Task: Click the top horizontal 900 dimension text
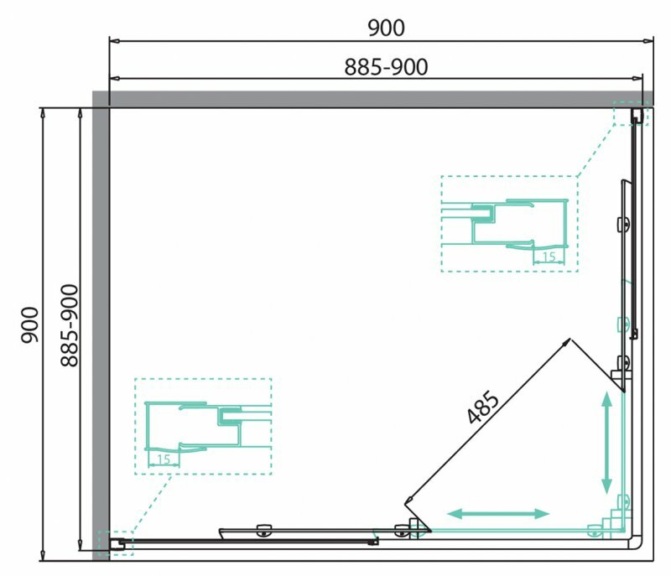(386, 29)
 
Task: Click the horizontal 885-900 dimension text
(386, 67)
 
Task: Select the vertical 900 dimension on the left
(30, 324)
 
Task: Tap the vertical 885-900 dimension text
(70, 325)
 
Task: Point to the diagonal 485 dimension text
(483, 407)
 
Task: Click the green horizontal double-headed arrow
(498, 514)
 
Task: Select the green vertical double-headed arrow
(606, 443)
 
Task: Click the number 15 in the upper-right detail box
(549, 257)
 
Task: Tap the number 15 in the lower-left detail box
(164, 459)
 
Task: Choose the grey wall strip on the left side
(101, 325)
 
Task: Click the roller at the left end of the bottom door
(263, 530)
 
